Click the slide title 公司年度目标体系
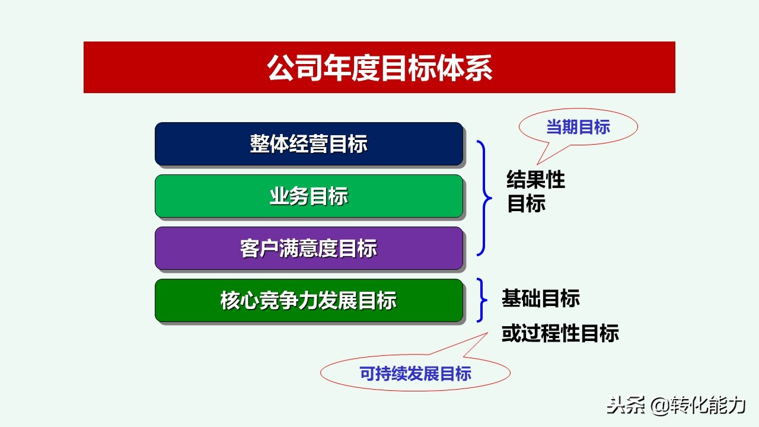pyautogui.click(x=379, y=68)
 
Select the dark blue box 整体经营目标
pyautogui.click(x=308, y=144)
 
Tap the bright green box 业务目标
pyautogui.click(x=308, y=196)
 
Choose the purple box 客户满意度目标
pyautogui.click(x=308, y=248)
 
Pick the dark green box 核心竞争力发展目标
pyautogui.click(x=308, y=301)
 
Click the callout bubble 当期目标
pyautogui.click(x=578, y=127)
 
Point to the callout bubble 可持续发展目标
pyautogui.click(x=415, y=374)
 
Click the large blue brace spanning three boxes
pyautogui.click(x=485, y=198)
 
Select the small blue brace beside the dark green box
pyautogui.click(x=483, y=300)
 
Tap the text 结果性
pyautogui.click(x=535, y=180)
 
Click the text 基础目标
pyautogui.click(x=540, y=298)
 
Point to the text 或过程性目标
pyautogui.click(x=560, y=333)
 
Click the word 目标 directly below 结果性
pyautogui.click(x=526, y=203)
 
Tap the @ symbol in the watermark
pyautogui.click(x=660, y=406)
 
